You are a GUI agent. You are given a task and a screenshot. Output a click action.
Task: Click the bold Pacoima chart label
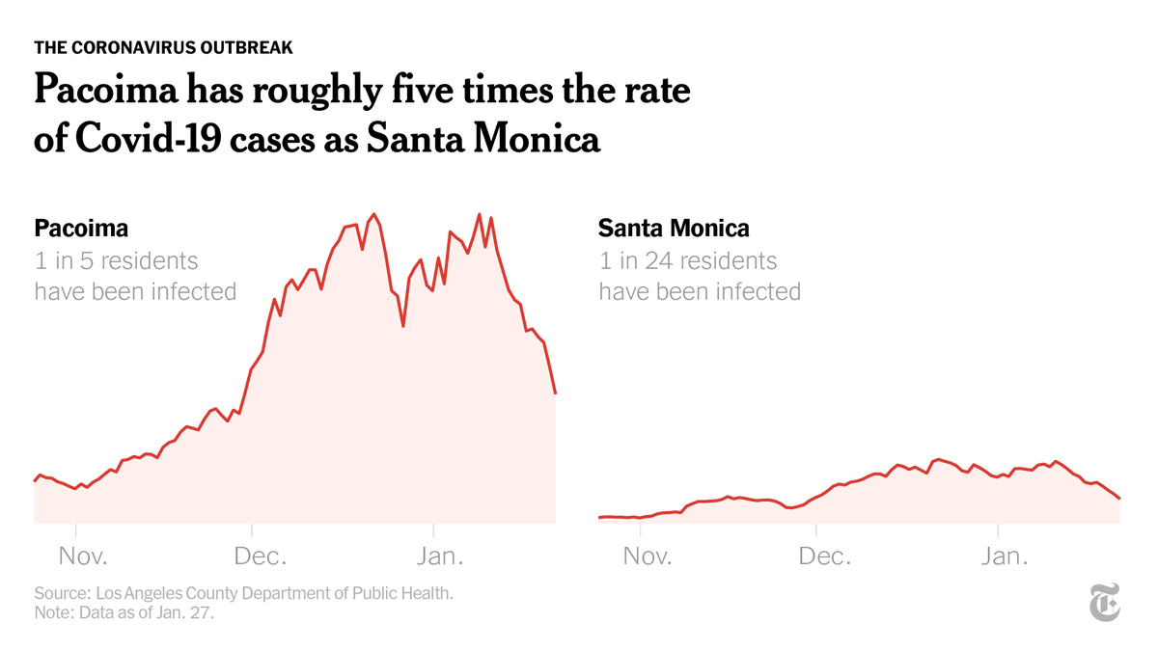click(x=81, y=229)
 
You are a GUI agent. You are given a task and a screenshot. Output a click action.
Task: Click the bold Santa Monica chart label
click(x=674, y=229)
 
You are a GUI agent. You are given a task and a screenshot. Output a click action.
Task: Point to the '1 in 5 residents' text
click(x=116, y=260)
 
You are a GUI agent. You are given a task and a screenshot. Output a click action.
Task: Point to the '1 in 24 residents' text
click(x=687, y=260)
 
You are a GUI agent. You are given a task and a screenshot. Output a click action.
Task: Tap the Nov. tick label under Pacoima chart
click(x=83, y=556)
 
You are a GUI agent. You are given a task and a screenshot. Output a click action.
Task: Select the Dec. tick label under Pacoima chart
click(x=258, y=556)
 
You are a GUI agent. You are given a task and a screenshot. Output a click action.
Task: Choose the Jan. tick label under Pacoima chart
click(x=439, y=556)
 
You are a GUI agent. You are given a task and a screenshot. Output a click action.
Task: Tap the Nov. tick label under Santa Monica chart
click(x=648, y=556)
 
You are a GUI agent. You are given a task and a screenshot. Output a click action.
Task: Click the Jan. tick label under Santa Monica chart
click(x=1004, y=556)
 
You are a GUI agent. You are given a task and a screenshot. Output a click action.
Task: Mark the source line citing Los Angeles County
click(x=243, y=593)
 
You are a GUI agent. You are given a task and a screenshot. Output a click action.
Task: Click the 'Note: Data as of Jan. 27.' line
click(x=124, y=612)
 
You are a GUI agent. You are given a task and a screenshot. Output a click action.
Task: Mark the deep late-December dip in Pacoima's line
click(x=402, y=326)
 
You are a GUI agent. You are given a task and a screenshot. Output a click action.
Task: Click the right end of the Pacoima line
click(x=555, y=393)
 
